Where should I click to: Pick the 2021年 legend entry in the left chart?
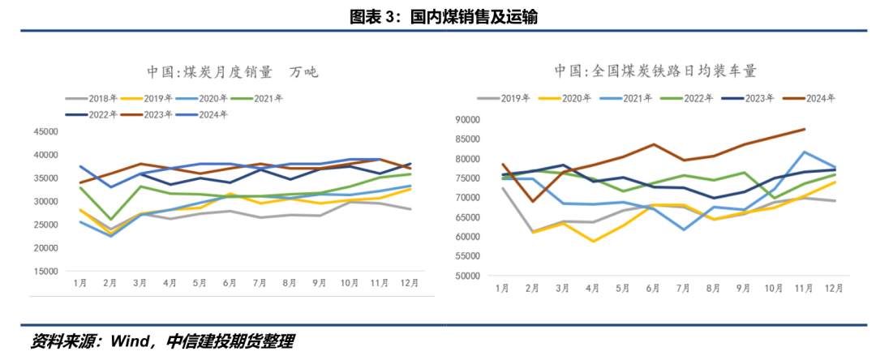click(x=268, y=98)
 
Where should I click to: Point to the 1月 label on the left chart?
click(x=80, y=283)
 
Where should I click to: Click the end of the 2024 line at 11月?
click(x=805, y=129)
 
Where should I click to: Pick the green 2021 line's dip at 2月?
click(x=111, y=219)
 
